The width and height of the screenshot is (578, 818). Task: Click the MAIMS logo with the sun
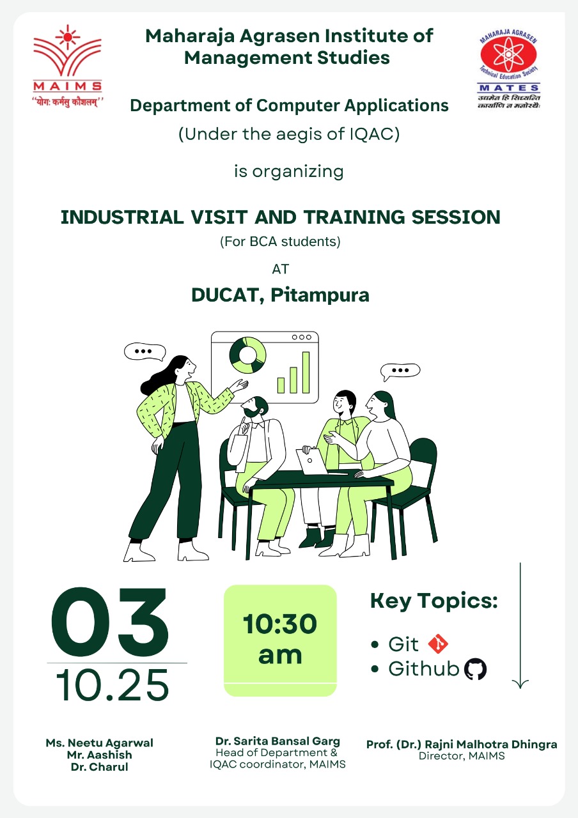click(x=68, y=66)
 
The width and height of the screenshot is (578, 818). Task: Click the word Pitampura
click(x=320, y=295)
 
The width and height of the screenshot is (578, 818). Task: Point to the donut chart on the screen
click(x=247, y=355)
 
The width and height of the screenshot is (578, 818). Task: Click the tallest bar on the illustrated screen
click(x=306, y=373)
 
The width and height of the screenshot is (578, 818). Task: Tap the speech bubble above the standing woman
click(x=144, y=352)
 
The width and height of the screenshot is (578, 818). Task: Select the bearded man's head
click(x=254, y=406)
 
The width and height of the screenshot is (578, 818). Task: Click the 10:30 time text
click(x=280, y=623)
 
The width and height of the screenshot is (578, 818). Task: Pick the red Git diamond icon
click(x=438, y=644)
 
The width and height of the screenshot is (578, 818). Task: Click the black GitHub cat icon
click(x=475, y=669)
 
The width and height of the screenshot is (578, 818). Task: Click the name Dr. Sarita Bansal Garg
click(x=277, y=741)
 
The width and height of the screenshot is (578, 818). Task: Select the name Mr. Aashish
click(x=99, y=755)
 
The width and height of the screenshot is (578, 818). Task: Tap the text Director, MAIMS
click(x=462, y=755)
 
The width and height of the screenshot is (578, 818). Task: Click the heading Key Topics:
click(x=434, y=601)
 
